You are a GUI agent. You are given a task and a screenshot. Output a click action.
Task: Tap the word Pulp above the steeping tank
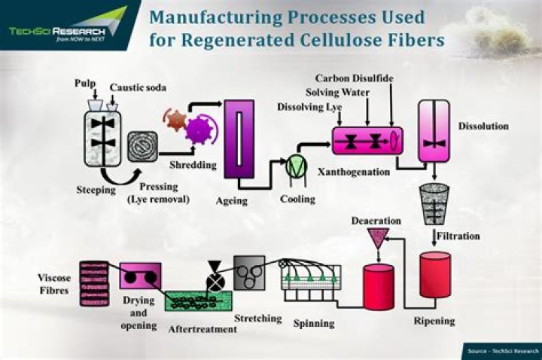(85, 84)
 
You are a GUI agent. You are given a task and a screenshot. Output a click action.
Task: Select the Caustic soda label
(138, 87)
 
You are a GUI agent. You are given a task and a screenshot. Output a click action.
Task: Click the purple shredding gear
(199, 130)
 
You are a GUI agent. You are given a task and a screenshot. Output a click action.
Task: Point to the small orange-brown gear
(176, 120)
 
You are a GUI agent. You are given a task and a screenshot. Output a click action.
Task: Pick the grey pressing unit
(143, 147)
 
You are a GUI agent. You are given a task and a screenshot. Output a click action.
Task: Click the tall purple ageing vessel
(239, 139)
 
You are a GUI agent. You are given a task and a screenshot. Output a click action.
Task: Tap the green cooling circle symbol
(297, 166)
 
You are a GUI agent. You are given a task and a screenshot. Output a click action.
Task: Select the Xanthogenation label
(354, 172)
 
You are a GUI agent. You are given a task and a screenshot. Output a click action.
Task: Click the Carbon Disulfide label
(355, 78)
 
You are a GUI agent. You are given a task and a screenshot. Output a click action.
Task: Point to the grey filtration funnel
(434, 204)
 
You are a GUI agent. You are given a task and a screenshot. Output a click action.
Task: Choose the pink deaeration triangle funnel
(378, 237)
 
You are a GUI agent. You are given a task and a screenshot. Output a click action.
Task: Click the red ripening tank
(435, 275)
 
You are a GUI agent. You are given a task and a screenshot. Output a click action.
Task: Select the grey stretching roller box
(249, 273)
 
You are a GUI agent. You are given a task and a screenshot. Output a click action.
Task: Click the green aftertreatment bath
(199, 301)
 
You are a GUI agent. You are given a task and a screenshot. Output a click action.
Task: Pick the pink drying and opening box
(140, 276)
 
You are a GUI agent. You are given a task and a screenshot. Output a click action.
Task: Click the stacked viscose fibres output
(94, 284)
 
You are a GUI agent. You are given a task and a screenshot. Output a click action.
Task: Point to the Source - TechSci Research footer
(503, 352)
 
